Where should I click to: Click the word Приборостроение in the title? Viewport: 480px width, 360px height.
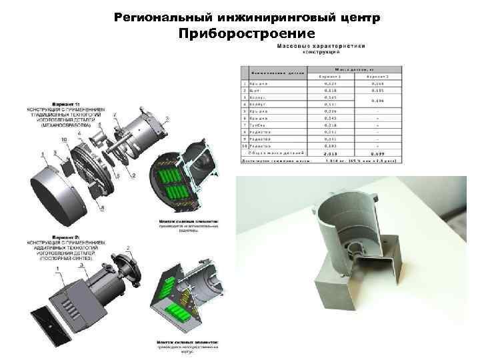[247, 33]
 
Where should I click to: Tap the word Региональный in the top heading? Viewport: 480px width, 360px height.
[156, 16]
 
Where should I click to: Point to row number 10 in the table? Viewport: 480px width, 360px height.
[245, 145]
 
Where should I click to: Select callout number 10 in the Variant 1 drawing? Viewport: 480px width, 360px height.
[64, 139]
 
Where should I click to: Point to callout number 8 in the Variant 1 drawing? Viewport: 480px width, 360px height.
[101, 209]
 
